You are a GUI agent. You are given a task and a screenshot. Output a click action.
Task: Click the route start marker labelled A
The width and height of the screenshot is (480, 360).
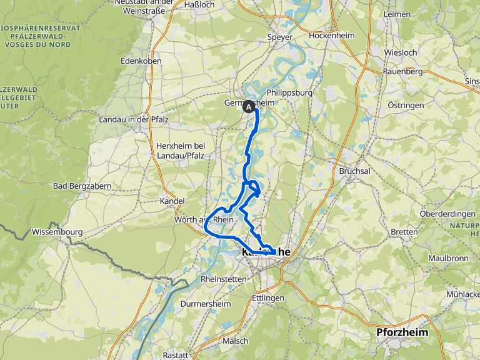click(x=249, y=106)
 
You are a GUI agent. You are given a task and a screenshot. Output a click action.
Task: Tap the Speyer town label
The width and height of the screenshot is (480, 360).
click(x=279, y=37)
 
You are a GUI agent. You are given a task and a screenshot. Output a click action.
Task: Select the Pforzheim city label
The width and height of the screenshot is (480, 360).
click(x=402, y=332)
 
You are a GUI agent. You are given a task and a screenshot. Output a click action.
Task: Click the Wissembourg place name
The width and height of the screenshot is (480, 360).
click(x=57, y=232)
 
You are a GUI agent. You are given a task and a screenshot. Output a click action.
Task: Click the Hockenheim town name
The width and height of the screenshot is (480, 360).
click(x=332, y=36)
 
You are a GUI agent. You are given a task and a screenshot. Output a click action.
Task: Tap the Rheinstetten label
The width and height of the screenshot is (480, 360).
click(x=224, y=278)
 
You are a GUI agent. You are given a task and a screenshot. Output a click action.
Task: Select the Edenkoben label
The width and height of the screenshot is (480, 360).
click(x=141, y=61)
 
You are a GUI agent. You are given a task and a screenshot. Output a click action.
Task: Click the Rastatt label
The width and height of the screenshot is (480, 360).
click(x=175, y=354)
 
